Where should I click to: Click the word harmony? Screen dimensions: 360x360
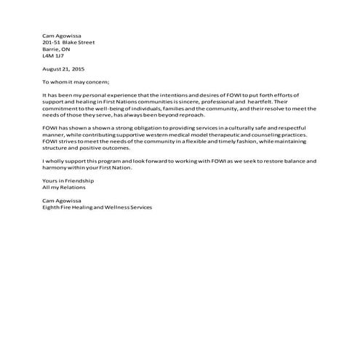(x=55, y=167)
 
